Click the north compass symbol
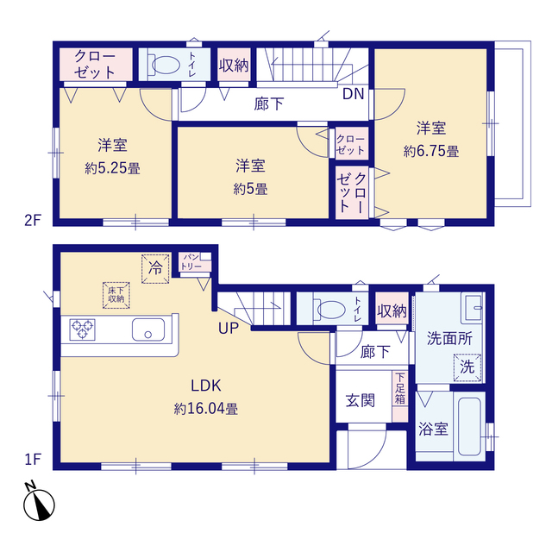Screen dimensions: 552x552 (x=39, y=502)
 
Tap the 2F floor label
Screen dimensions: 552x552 (x=33, y=221)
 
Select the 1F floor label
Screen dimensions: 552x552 (x=33, y=460)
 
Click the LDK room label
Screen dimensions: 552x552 (x=206, y=386)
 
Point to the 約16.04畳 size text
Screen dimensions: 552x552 (x=206, y=409)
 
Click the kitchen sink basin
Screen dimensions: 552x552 (x=148, y=329)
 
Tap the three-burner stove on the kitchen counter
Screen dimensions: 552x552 (x=83, y=329)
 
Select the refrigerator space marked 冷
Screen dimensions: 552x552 (x=155, y=268)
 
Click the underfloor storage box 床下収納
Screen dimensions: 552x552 (x=116, y=295)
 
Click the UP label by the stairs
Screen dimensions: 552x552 (x=229, y=328)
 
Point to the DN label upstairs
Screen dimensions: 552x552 (x=354, y=94)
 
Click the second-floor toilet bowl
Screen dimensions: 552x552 (x=163, y=65)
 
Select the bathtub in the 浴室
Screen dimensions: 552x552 (x=469, y=426)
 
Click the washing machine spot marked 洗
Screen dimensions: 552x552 (x=467, y=367)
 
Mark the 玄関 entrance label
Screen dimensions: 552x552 (x=361, y=400)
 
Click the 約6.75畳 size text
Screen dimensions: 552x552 (x=431, y=152)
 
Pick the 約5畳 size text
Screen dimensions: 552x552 (x=250, y=189)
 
